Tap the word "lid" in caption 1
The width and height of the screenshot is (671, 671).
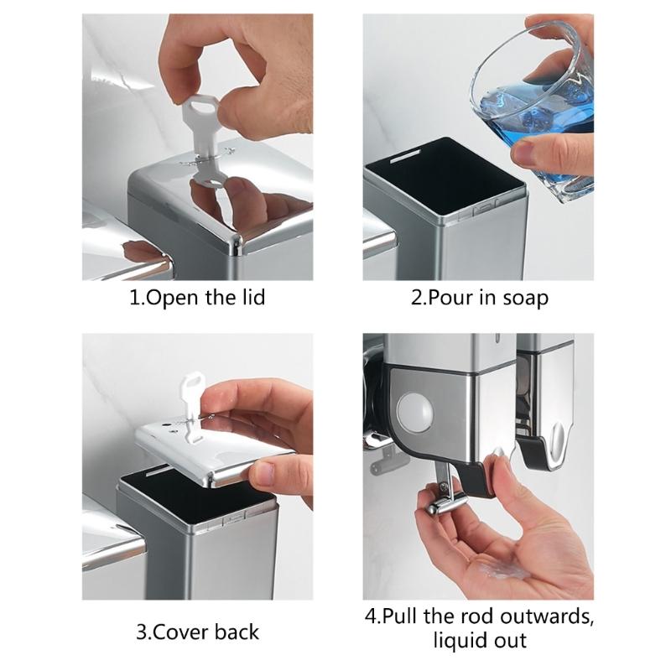pyautogui.click(x=250, y=297)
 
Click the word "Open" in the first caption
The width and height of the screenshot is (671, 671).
pyautogui.click(x=172, y=297)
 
